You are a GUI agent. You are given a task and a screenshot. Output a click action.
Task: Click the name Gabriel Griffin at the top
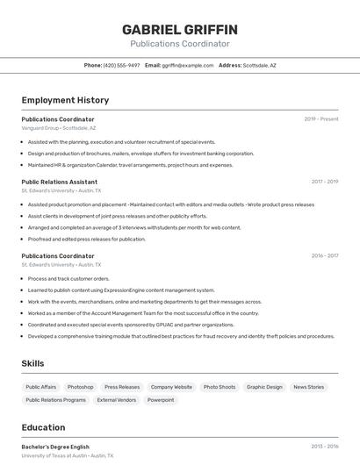tap(180, 30)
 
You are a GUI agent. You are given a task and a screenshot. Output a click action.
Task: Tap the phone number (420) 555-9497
tap(121, 65)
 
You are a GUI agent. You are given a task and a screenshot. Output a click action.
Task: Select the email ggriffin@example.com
tap(188, 65)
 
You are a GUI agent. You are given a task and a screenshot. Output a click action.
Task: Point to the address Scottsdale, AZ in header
tap(259, 65)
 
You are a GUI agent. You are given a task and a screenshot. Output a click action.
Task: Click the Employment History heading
tap(65, 100)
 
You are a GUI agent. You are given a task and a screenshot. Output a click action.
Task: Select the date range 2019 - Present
tap(321, 119)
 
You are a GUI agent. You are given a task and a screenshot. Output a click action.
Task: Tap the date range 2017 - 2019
tap(324, 182)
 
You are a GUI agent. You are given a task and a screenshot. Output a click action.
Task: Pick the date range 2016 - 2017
tap(324, 256)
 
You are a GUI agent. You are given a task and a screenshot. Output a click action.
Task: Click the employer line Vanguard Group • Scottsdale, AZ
tap(59, 128)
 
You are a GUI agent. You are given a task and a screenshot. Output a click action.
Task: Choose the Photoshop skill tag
tap(80, 387)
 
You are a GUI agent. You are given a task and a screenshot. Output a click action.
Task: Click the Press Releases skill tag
tap(122, 387)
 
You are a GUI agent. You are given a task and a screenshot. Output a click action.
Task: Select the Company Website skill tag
tap(171, 387)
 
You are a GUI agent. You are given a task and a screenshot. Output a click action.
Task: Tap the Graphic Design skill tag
tap(264, 387)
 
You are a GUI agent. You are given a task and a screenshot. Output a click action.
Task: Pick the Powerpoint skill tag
tap(161, 400)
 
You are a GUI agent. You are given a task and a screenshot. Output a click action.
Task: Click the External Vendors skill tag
tap(117, 400)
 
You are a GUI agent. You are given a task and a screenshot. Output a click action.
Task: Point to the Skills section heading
tap(32, 363)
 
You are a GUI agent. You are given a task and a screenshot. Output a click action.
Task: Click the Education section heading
tap(43, 427)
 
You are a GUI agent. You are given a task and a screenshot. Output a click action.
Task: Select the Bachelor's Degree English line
tap(55, 447)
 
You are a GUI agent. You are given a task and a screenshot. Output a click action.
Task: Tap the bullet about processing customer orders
tap(68, 278)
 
